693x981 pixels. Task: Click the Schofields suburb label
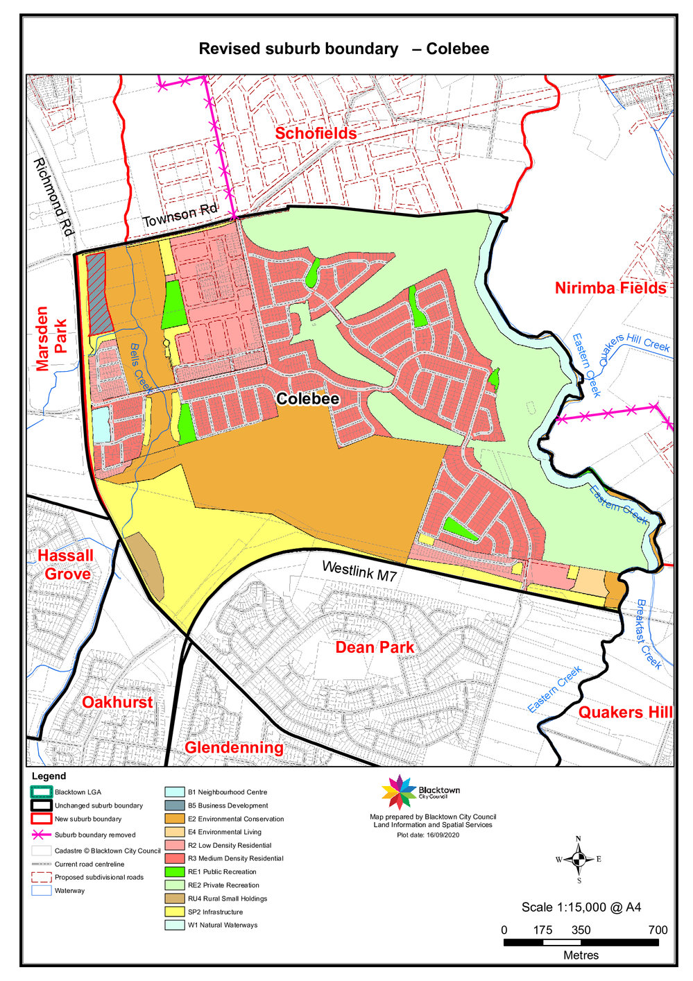[x=316, y=133]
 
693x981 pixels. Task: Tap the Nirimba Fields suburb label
[x=610, y=288]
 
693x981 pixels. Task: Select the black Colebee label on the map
[x=307, y=399]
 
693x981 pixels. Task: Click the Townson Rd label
[x=180, y=216]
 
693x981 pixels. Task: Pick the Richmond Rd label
[x=53, y=197]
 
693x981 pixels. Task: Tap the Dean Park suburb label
[x=375, y=647]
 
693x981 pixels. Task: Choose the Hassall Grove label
[x=65, y=565]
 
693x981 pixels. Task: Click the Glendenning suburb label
[x=234, y=747]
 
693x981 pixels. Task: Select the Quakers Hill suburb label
[x=625, y=712]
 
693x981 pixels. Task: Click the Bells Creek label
[x=140, y=368]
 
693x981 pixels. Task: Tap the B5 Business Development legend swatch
[x=175, y=805]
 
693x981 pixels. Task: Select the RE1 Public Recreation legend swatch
[x=175, y=871]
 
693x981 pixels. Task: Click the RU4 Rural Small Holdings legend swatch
[x=175, y=898]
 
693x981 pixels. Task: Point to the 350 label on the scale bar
[x=581, y=930]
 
